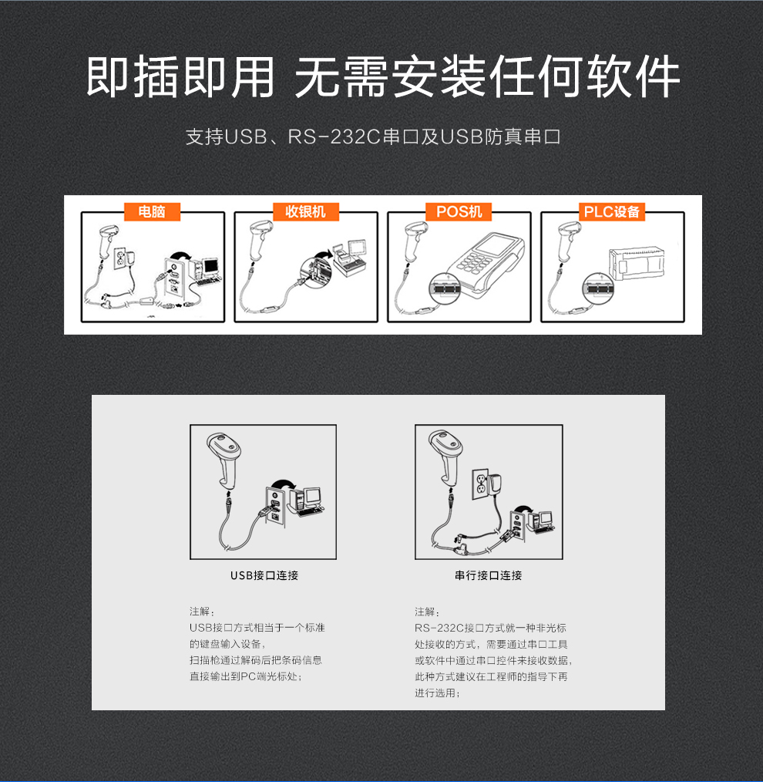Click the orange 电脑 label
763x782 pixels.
(152, 211)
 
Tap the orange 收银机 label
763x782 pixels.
(305, 211)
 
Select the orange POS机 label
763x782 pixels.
(459, 211)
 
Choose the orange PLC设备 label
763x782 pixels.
(612, 211)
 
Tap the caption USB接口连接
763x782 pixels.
(264, 575)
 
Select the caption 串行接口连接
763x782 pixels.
(489, 575)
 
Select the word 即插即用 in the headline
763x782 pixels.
(180, 76)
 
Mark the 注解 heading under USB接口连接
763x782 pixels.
(200, 611)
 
